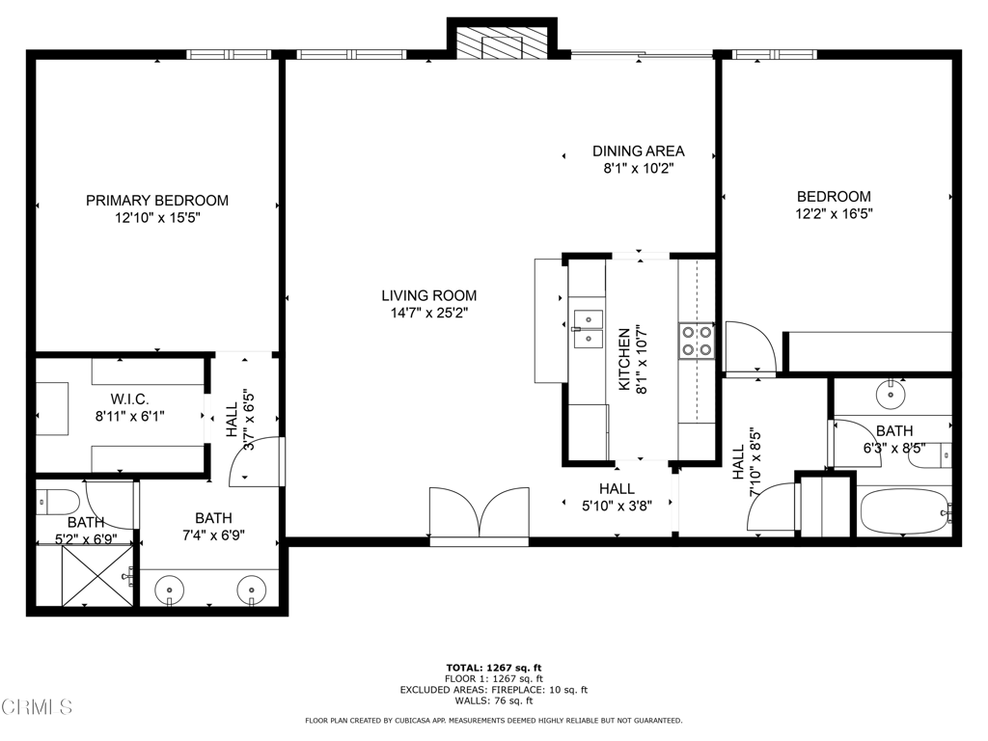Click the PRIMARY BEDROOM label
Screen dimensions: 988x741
pos(157,201)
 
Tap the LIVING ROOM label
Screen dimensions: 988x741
pos(429,295)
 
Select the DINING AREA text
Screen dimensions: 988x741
pos(639,151)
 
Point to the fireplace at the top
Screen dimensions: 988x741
pos(502,42)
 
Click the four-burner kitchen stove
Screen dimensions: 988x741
pos(697,341)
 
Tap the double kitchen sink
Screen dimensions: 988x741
pos(588,329)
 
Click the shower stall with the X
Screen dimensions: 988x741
pos(97,577)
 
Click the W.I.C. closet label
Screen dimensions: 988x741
pos(130,399)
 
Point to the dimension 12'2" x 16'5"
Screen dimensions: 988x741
pos(835,213)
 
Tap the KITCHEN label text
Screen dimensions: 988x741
pos(624,359)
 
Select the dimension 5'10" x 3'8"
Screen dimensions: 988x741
pos(617,506)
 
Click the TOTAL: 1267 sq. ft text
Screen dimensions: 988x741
pos(494,668)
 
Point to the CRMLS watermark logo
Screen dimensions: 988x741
pos(38,707)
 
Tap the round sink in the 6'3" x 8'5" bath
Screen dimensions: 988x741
pos(891,395)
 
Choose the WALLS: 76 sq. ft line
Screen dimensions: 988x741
pos(494,700)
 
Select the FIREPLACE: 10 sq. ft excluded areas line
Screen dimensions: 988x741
pos(494,690)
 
